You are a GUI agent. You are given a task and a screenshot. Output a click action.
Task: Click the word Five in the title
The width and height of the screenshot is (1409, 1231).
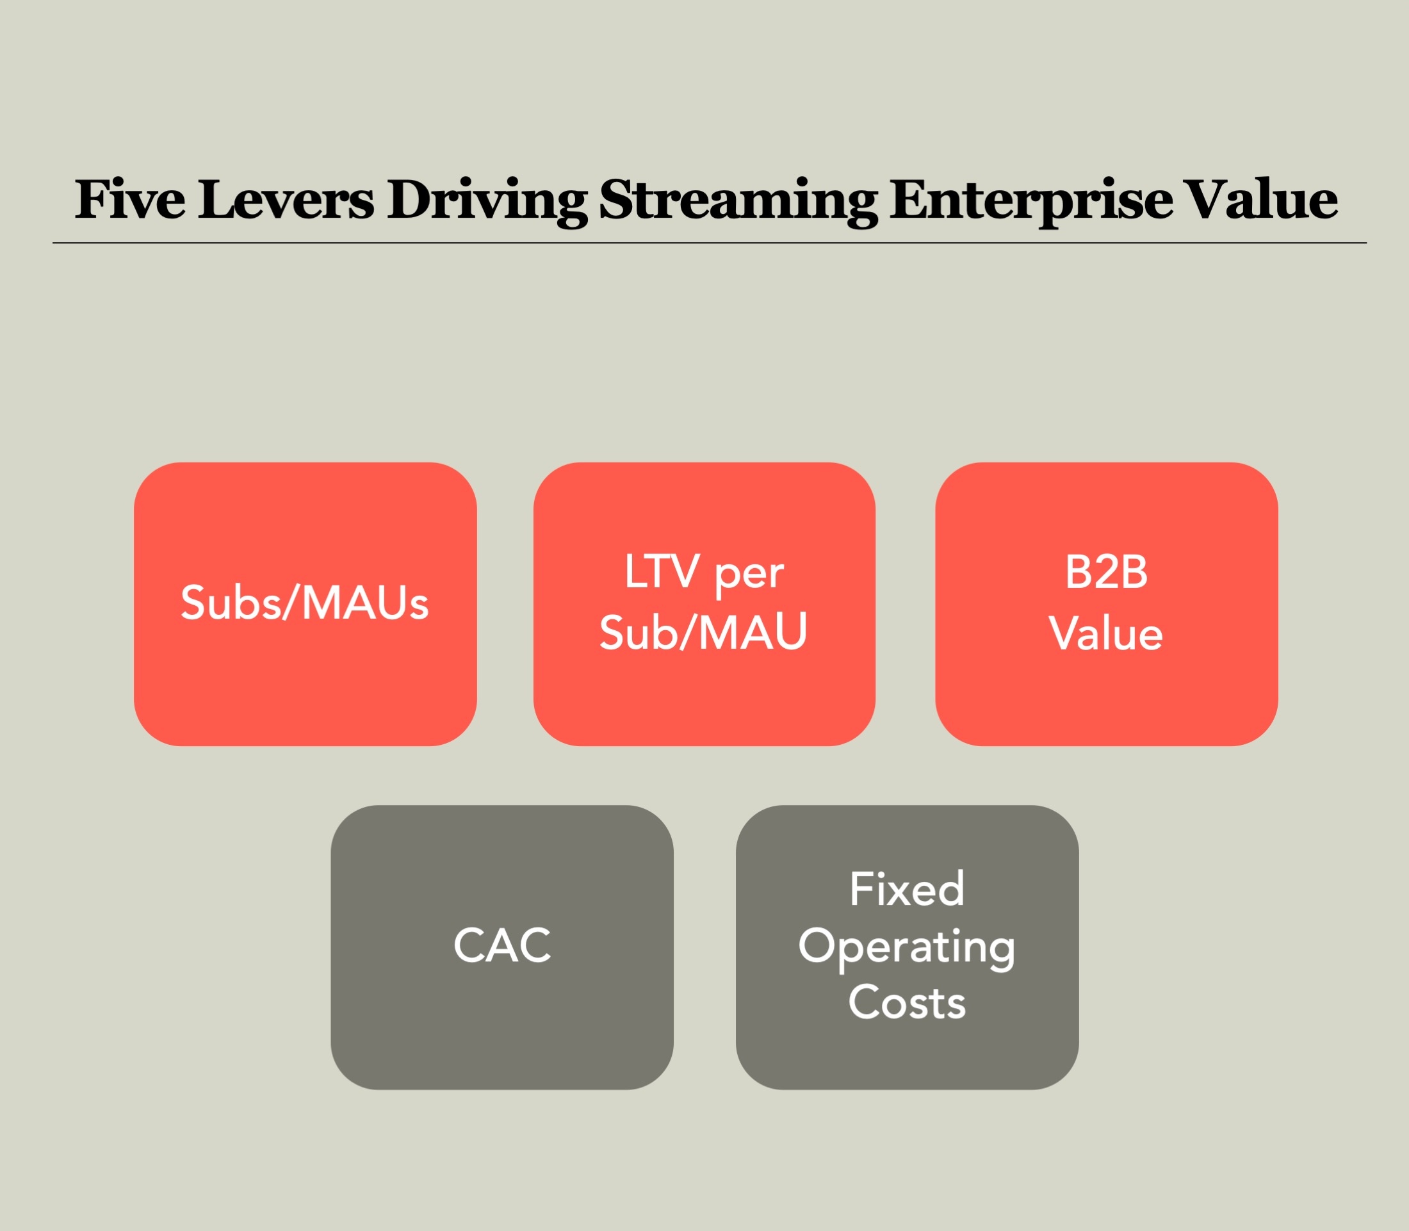click(130, 200)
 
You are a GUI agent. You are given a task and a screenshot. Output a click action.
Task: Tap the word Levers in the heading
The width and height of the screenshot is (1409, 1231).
click(286, 200)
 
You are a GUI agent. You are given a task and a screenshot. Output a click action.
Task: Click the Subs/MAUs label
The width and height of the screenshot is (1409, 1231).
click(304, 603)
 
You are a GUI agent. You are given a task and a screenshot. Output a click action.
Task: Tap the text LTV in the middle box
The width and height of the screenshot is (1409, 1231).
click(662, 571)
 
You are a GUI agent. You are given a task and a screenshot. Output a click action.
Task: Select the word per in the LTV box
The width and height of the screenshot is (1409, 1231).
click(749, 576)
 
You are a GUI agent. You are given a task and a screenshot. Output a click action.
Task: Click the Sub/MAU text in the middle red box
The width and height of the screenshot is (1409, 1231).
click(703, 632)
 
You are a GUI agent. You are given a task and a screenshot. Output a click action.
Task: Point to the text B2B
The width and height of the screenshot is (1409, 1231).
click(1106, 571)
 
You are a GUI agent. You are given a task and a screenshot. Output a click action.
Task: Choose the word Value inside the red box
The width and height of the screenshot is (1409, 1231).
click(1106, 633)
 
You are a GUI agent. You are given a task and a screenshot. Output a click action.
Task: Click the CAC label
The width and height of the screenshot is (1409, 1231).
click(502, 946)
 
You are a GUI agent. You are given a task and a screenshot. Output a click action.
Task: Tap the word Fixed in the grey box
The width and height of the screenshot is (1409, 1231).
click(907, 889)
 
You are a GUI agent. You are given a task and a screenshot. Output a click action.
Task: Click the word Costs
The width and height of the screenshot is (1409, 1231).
click(907, 1002)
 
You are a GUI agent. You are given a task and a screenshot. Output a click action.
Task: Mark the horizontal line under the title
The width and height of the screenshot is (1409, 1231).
click(710, 243)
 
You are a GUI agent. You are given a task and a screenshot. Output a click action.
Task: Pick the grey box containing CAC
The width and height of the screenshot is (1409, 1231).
click(502, 1016)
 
